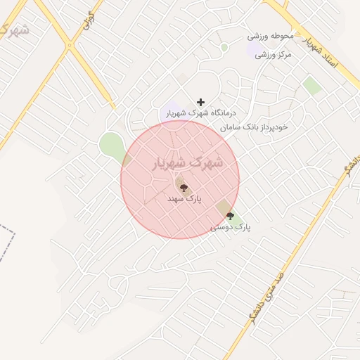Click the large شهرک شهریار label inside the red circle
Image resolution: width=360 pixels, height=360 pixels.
coord(187,163)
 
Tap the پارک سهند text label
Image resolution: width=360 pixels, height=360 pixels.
coord(184,200)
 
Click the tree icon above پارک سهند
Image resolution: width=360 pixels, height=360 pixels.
coord(184,188)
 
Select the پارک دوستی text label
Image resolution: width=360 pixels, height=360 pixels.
coord(231,228)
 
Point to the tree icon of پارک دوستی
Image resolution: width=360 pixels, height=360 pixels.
coord(230,217)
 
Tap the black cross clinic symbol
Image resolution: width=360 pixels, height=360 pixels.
coord(200,102)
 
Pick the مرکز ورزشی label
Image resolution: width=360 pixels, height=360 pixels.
coord(272,54)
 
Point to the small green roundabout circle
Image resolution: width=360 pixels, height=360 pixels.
coord(224,47)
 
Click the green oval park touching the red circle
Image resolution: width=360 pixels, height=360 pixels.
coord(112,146)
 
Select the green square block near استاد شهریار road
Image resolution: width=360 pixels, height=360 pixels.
coord(312,86)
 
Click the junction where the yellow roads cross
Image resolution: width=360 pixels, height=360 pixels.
coord(69,46)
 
